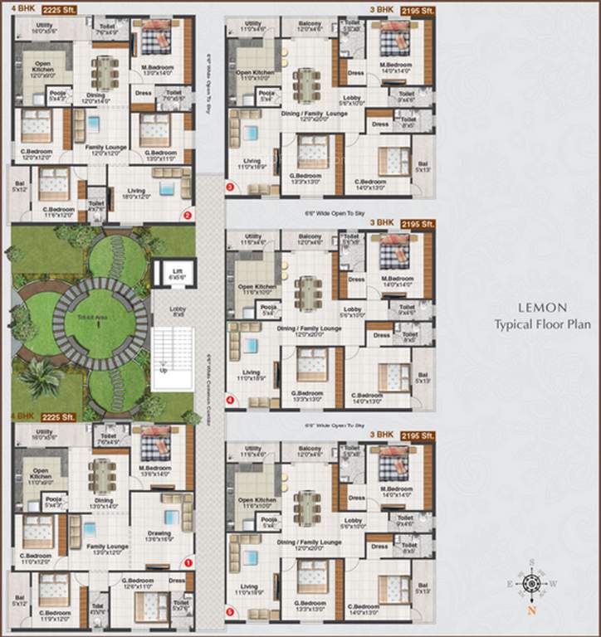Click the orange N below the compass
click(530, 612)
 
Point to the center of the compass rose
click(530, 584)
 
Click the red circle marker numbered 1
click(188, 562)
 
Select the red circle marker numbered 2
click(188, 216)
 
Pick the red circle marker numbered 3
click(230, 187)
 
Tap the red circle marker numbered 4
click(230, 400)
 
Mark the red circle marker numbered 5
click(230, 613)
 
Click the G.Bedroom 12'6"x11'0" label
click(137, 583)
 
